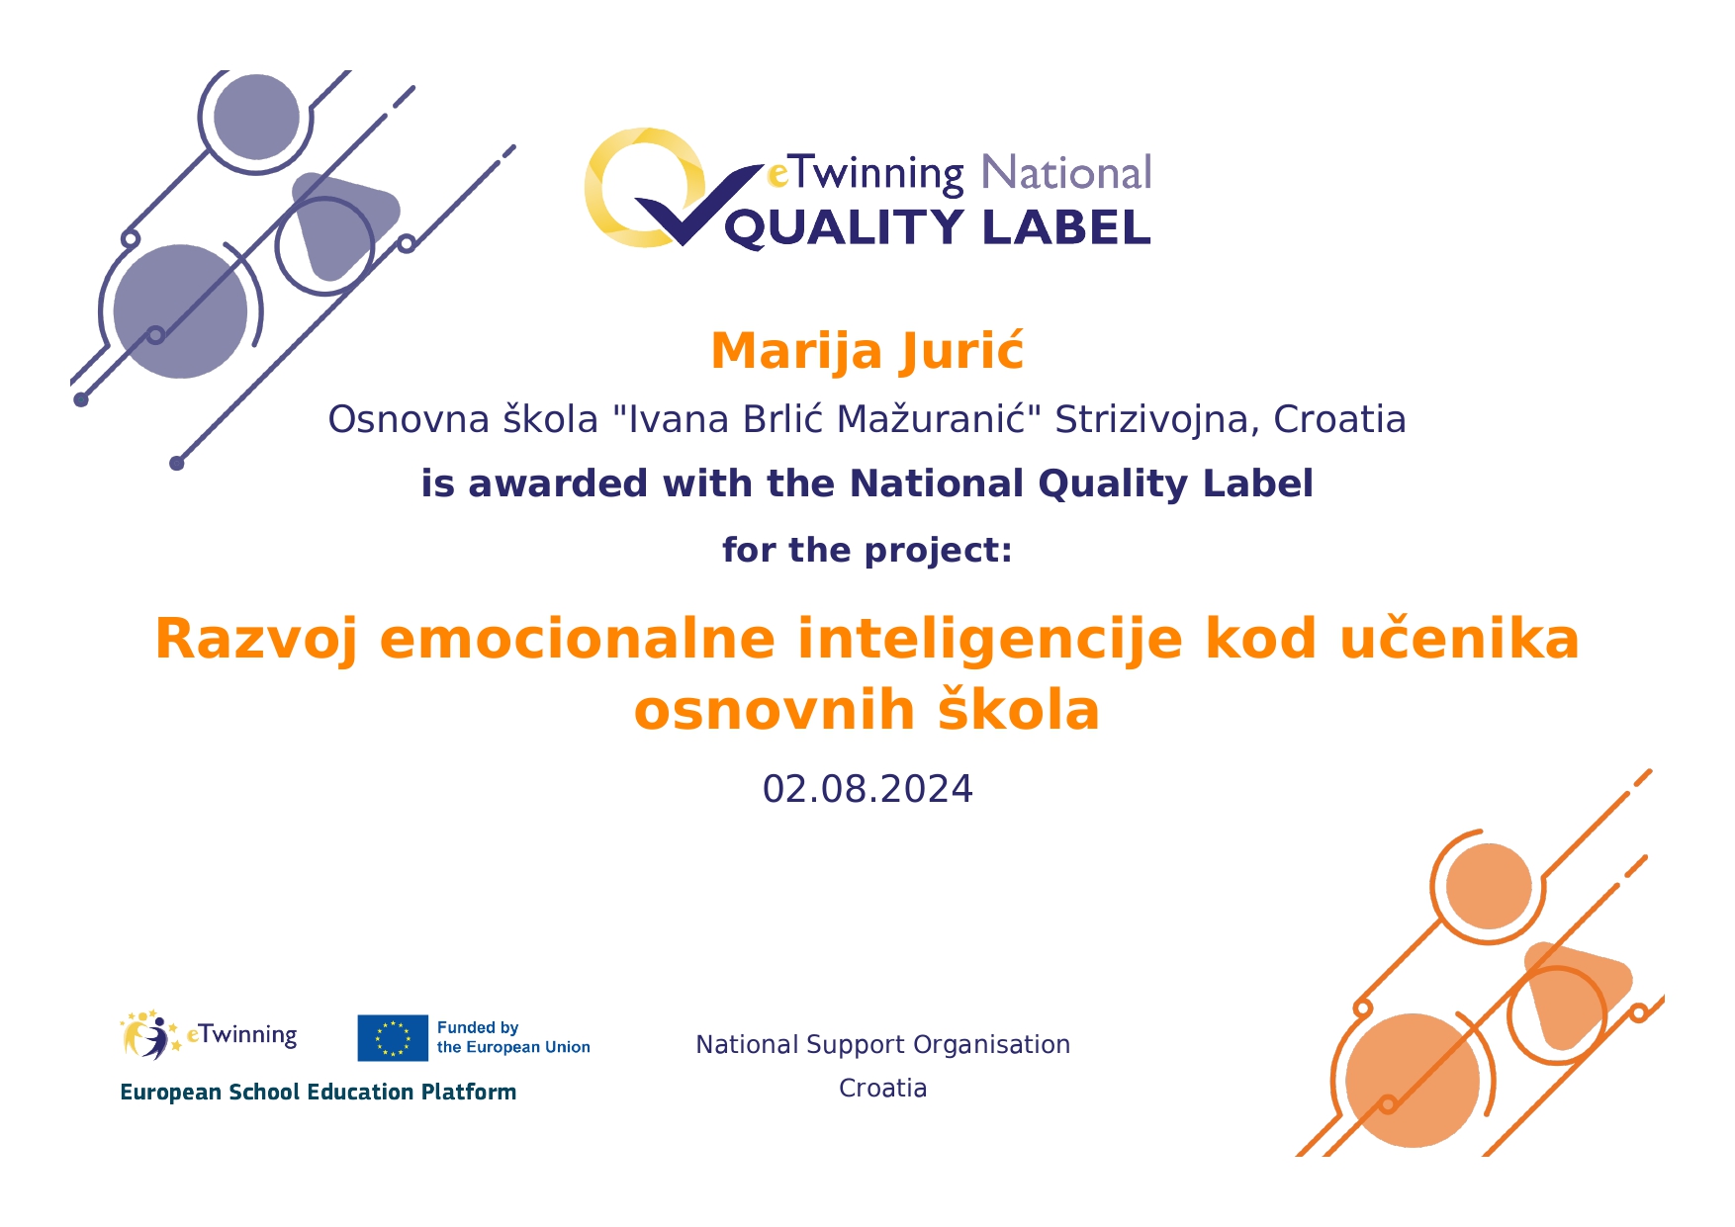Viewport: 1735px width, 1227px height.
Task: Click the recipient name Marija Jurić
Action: pyautogui.click(x=867, y=352)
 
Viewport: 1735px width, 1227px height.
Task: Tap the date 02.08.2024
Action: pyautogui.click(x=867, y=789)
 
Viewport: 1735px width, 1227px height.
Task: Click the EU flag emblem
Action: pyautogui.click(x=393, y=1037)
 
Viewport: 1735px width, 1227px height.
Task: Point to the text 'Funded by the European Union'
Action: pyautogui.click(x=513, y=1037)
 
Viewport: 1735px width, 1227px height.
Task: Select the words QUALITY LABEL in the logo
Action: pyautogui.click(x=938, y=228)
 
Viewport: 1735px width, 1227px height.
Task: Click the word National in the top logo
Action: pyautogui.click(x=1066, y=173)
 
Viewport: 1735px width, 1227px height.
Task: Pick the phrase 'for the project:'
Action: pyautogui.click(x=867, y=551)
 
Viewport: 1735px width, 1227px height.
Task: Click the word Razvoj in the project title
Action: pyautogui.click(x=255, y=640)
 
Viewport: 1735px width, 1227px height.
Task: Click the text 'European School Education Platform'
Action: pyautogui.click(x=318, y=1093)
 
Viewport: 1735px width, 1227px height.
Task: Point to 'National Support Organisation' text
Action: pyautogui.click(x=882, y=1045)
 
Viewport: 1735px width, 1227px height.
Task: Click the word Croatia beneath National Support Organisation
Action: pyautogui.click(x=882, y=1089)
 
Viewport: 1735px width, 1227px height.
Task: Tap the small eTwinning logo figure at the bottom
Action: pyautogui.click(x=149, y=1035)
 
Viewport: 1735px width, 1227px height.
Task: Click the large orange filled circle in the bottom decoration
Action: pyautogui.click(x=1413, y=1080)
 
